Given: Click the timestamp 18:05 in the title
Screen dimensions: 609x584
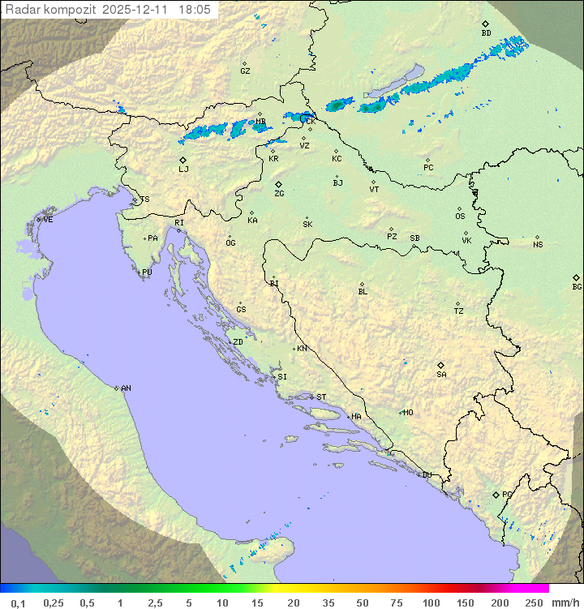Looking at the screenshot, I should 195,9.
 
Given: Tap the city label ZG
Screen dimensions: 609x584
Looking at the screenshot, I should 279,194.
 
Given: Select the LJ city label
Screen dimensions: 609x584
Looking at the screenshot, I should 183,169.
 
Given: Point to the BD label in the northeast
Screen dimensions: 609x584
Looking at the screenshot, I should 486,33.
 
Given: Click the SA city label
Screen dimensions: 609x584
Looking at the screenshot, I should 441,374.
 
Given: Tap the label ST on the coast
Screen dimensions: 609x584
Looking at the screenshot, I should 321,397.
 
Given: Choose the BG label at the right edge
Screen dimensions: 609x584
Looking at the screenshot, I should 577,286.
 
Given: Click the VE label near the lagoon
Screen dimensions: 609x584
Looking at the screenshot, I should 48,220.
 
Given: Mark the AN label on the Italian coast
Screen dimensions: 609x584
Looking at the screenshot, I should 126,388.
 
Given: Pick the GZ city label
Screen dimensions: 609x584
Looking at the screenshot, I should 245,71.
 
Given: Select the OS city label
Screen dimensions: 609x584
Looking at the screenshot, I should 460,217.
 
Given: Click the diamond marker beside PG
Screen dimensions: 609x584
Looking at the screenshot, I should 496,494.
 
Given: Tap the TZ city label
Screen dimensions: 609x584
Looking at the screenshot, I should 458,311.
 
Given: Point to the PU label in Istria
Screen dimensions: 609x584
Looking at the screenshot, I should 147,272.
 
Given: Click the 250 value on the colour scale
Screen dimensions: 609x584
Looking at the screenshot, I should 535,603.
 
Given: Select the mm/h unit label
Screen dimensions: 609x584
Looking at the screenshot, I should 565,603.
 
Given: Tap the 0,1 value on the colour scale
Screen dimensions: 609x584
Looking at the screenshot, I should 17,603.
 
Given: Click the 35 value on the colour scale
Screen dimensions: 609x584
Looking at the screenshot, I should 328,603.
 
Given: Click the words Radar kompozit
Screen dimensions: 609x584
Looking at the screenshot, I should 52,9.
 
